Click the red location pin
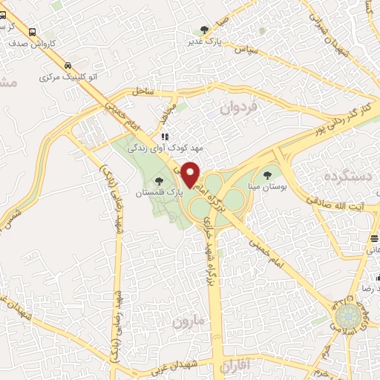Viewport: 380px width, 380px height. tap(191, 174)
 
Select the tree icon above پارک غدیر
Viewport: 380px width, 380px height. tap(204, 30)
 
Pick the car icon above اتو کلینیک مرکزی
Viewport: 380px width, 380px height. tap(68, 65)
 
